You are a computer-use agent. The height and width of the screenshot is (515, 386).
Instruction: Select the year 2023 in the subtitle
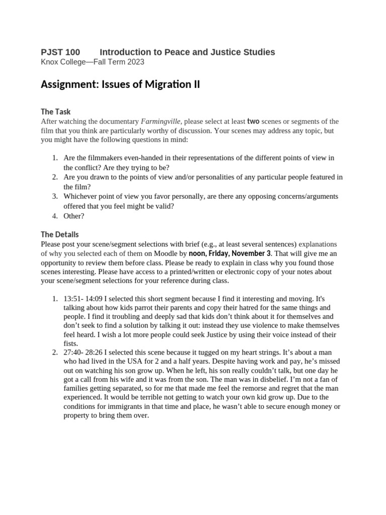[136, 62]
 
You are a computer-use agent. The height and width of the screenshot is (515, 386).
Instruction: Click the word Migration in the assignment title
[167, 84]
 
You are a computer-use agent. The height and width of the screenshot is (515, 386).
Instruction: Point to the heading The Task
[56, 112]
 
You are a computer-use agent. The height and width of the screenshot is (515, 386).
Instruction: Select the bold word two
[253, 121]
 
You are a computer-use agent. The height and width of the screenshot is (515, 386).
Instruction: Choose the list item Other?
[74, 216]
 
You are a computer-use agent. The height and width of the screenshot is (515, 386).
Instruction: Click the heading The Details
[59, 235]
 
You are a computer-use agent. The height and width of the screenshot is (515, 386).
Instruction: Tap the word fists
[71, 344]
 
